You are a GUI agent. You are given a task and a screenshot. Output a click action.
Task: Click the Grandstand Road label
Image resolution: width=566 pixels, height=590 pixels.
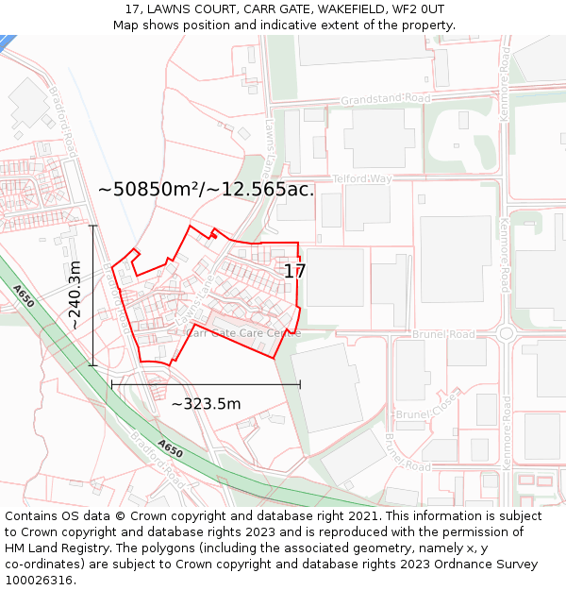(x=385, y=98)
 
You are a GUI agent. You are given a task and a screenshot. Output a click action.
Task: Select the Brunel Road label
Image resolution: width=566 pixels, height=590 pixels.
(x=443, y=334)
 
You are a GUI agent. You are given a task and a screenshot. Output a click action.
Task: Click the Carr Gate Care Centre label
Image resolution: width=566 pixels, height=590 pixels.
(x=244, y=332)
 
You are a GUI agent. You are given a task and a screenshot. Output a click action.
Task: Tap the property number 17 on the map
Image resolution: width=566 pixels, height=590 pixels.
(x=294, y=271)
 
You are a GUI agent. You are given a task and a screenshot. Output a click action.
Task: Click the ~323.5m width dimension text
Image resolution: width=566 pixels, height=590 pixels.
(x=206, y=404)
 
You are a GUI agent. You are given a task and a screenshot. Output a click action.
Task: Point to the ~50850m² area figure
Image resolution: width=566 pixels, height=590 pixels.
(x=151, y=189)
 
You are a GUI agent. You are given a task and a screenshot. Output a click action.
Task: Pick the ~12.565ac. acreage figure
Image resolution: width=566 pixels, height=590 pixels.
(x=260, y=189)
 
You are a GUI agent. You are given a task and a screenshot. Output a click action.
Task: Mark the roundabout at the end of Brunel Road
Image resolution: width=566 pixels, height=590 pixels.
(x=506, y=332)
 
